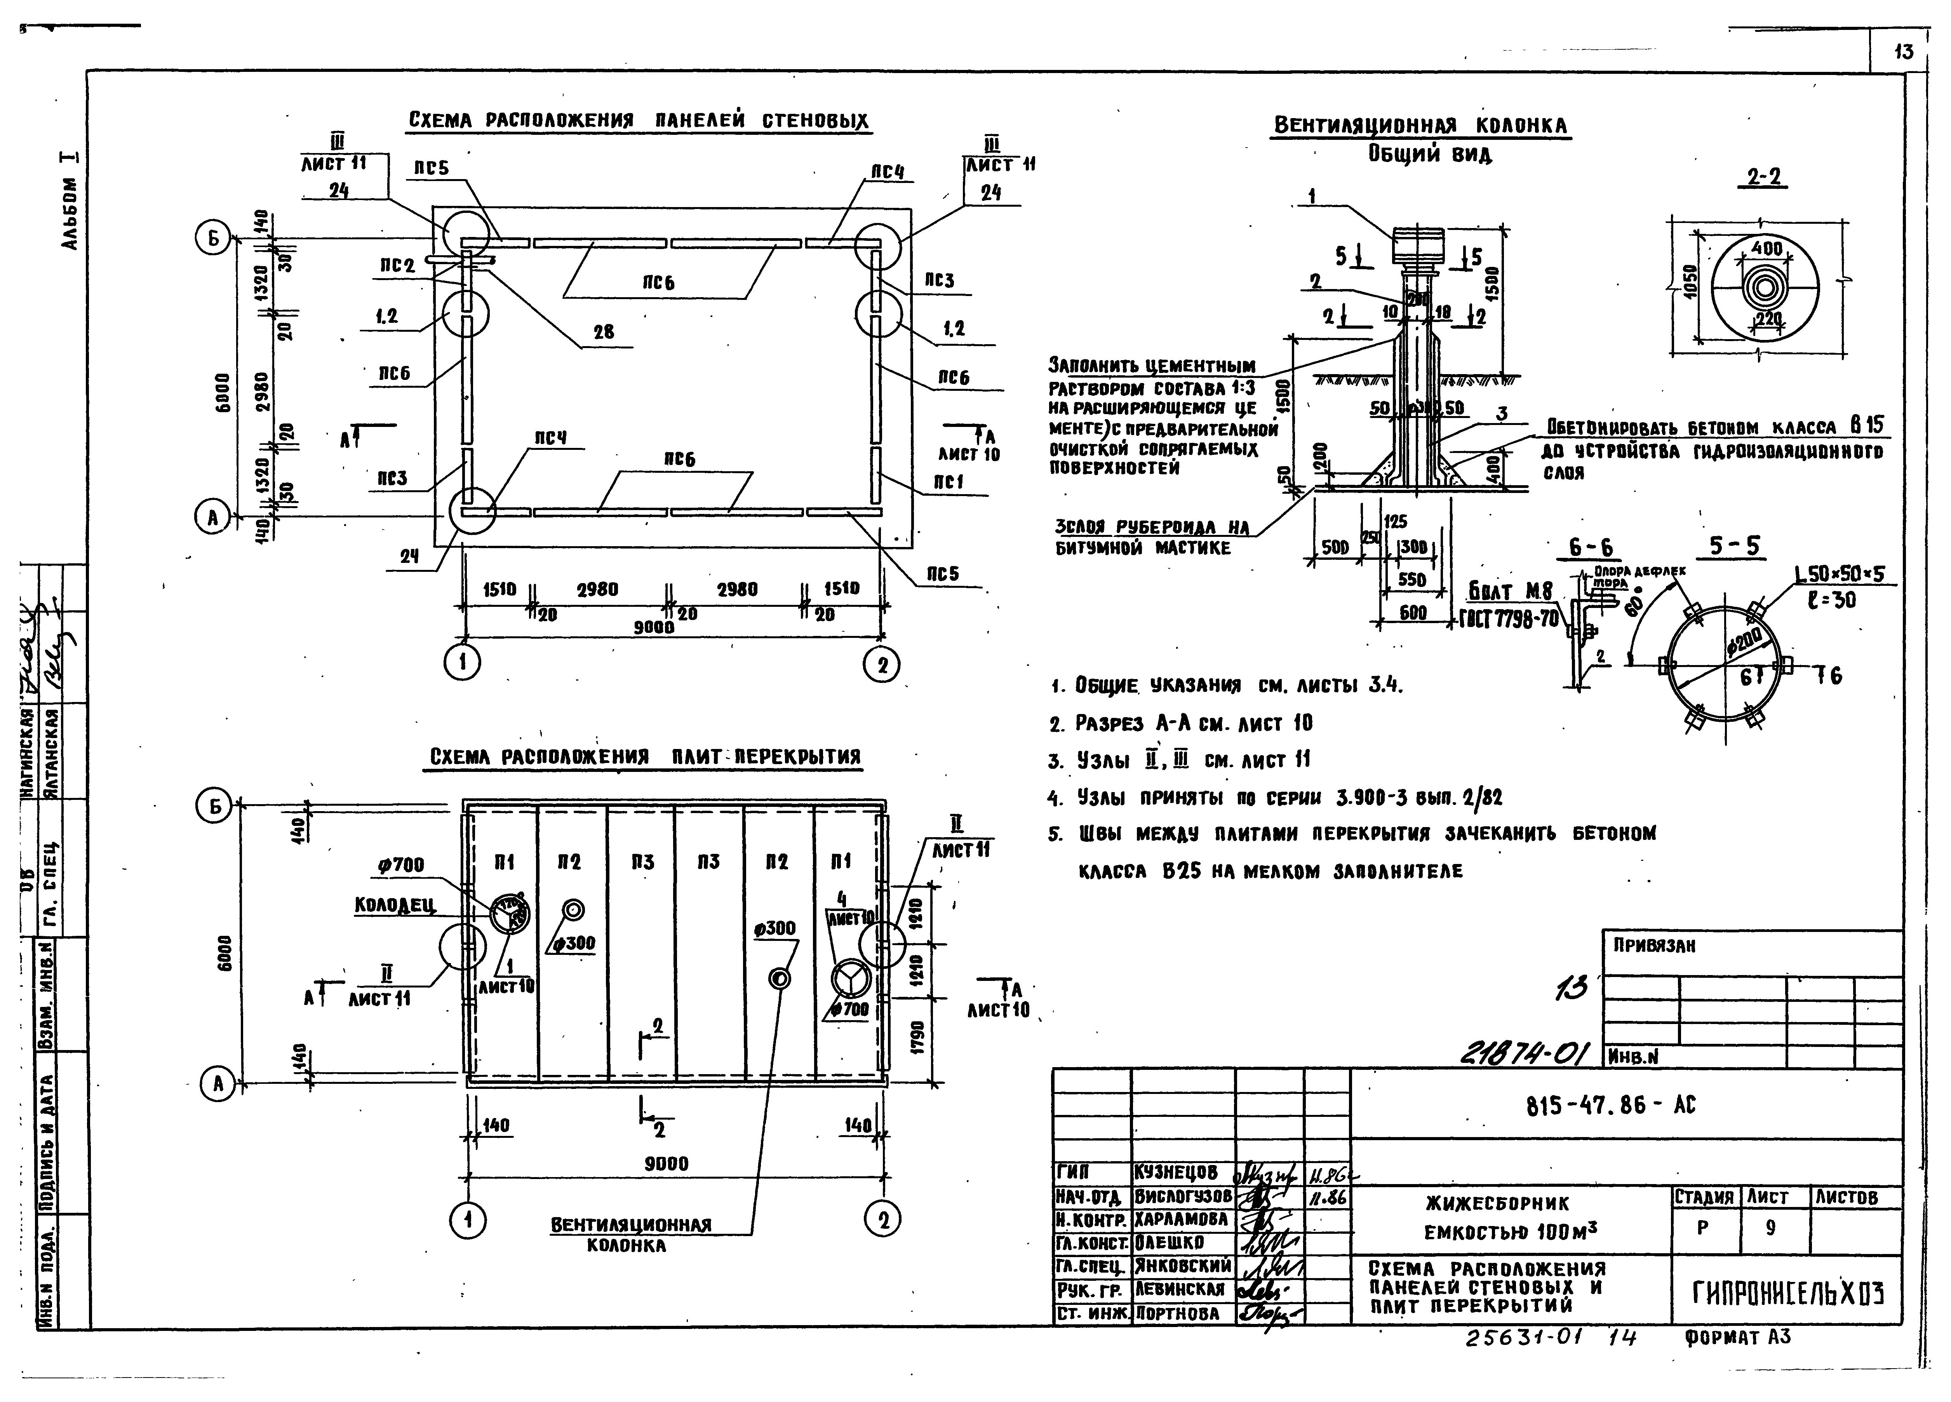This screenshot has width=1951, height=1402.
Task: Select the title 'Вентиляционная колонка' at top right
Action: (1421, 125)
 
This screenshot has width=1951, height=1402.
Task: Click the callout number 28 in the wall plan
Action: (604, 332)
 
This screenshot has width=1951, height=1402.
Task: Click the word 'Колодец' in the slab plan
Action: (395, 905)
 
